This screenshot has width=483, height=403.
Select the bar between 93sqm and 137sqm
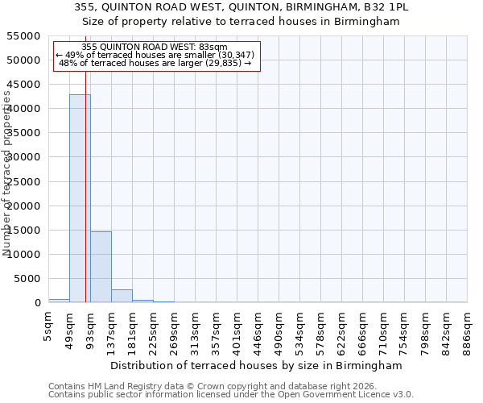[101, 267]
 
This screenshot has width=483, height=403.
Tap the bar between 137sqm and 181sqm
[122, 296]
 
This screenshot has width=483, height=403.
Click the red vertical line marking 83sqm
[85, 185]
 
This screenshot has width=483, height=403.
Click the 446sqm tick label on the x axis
[258, 330]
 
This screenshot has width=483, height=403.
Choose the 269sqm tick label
[175, 330]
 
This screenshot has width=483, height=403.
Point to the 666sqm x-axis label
[363, 330]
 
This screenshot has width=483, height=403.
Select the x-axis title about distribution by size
[258, 365]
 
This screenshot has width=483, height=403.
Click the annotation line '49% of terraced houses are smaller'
[155, 55]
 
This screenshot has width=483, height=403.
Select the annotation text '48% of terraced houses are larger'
[155, 63]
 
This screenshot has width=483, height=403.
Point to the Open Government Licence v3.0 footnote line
[231, 394]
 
